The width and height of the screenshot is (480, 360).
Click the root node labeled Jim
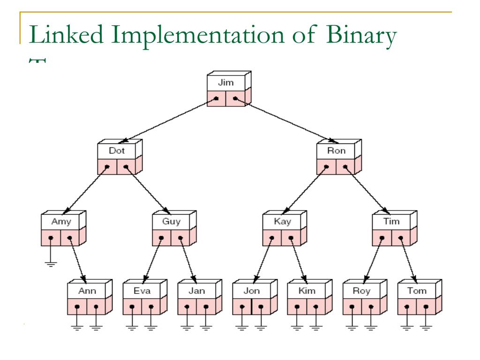(225, 82)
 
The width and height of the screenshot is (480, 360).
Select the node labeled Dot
(116, 151)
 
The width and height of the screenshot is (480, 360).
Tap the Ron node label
(336, 151)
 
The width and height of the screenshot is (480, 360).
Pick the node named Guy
(171, 222)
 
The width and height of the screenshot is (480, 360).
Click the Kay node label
(282, 222)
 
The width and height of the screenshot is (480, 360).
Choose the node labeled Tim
(391, 222)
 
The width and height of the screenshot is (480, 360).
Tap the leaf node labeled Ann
(87, 291)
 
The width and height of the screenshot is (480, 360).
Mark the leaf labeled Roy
(361, 291)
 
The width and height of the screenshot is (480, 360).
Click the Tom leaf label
(417, 291)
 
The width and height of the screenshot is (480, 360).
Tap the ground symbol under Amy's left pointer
(50, 263)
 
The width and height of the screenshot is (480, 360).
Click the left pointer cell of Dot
(107, 166)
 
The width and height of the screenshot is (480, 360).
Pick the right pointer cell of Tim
(401, 237)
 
